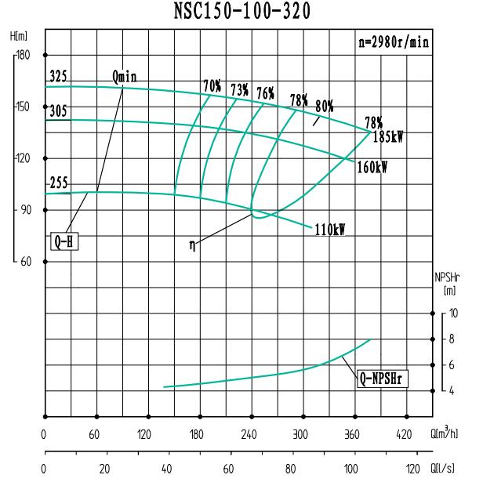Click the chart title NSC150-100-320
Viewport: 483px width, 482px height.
click(241, 11)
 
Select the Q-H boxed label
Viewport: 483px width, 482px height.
click(65, 241)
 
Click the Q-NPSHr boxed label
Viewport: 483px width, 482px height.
click(383, 379)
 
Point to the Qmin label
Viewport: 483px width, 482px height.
click(125, 77)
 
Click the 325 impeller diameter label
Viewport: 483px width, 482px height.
click(58, 78)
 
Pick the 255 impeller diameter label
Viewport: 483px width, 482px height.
click(58, 183)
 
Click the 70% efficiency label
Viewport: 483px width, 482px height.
click(212, 85)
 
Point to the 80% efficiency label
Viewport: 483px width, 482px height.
click(325, 105)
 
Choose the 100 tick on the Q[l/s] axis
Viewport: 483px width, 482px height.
click(353, 468)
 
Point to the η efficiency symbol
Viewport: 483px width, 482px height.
click(193, 245)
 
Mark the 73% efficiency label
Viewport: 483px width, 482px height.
click(239, 90)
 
